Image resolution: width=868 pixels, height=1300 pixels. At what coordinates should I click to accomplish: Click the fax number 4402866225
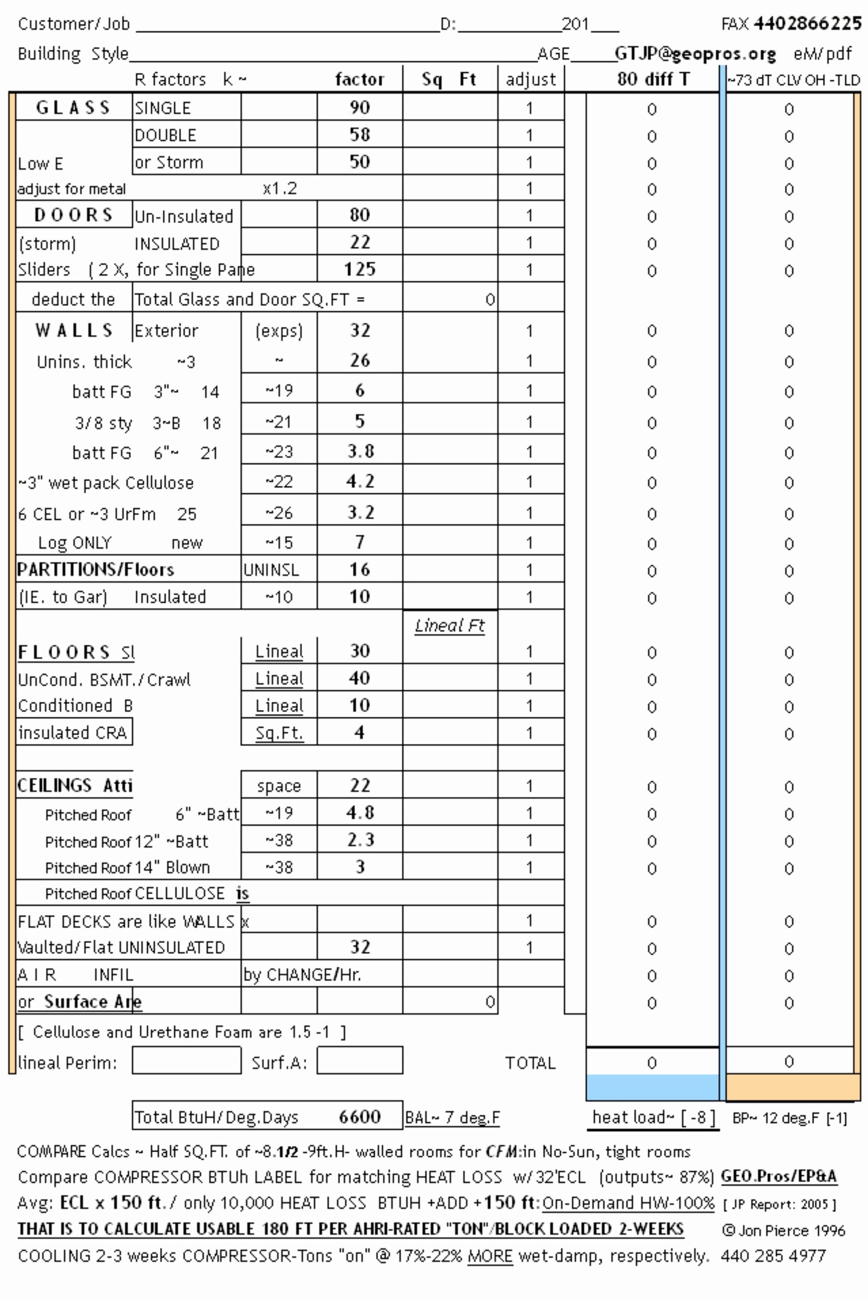pyautogui.click(x=807, y=23)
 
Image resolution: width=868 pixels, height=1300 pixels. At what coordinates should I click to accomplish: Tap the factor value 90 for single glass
pyautogui.click(x=360, y=107)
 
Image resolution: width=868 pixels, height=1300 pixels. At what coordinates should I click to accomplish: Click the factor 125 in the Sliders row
pyautogui.click(x=360, y=270)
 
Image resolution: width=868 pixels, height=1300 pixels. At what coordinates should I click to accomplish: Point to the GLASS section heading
pyautogui.click(x=73, y=107)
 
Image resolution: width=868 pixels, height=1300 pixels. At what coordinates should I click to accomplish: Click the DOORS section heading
pyautogui.click(x=74, y=215)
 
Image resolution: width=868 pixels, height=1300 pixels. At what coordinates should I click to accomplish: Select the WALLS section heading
pyautogui.click(x=74, y=331)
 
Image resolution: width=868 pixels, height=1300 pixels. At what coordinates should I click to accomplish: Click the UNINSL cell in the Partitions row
pyautogui.click(x=271, y=570)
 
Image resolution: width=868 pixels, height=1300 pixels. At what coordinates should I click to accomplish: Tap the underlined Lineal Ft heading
pyautogui.click(x=449, y=626)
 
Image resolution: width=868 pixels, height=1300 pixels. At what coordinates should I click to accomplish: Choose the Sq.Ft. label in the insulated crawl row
pyautogui.click(x=279, y=733)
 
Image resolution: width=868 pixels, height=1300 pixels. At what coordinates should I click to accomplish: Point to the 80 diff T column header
pyautogui.click(x=653, y=79)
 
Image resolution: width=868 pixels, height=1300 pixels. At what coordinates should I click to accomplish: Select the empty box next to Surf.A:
pyautogui.click(x=360, y=1060)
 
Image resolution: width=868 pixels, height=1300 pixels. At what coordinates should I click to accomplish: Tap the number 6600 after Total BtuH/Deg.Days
pyautogui.click(x=360, y=1117)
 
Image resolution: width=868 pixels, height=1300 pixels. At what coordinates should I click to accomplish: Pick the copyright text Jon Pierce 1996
pyautogui.click(x=783, y=1230)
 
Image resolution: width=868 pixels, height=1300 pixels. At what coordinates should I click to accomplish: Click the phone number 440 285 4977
pyautogui.click(x=773, y=1256)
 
